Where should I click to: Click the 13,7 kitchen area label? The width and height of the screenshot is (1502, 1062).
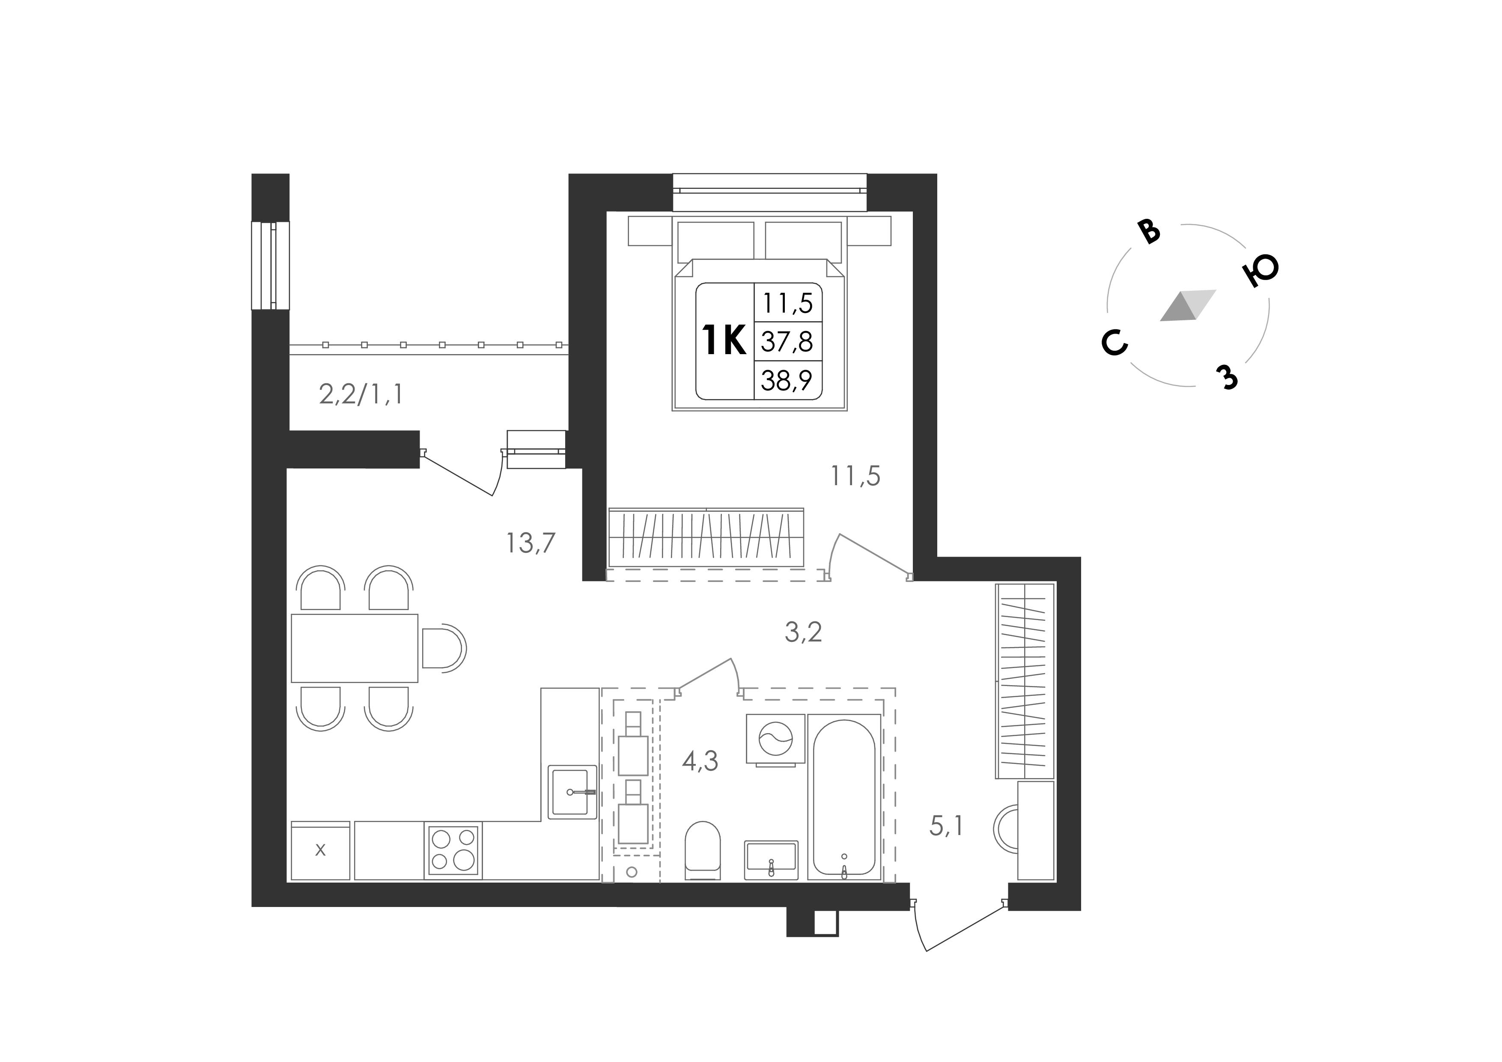coord(530,543)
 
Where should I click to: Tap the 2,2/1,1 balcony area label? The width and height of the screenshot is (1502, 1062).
coord(361,394)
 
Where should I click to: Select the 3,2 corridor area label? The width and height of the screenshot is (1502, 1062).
coord(803,632)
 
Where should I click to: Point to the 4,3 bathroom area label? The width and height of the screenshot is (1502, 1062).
coord(700,761)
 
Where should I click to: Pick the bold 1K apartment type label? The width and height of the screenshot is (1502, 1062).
coord(724,341)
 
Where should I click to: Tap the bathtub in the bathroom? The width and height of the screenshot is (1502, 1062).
coord(844,797)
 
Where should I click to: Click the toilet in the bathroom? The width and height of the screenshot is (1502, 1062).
coord(703,850)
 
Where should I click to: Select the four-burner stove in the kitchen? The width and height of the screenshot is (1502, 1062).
coord(453,850)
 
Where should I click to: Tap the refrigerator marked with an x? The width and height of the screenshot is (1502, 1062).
coord(321,850)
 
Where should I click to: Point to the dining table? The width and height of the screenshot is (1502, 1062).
coord(355,648)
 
